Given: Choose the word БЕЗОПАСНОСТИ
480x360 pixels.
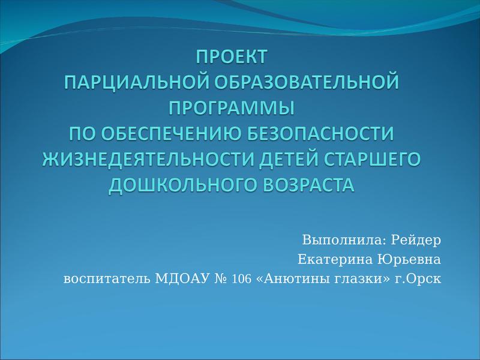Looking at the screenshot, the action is pyautogui.click(x=320, y=133).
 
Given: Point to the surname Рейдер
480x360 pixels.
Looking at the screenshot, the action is pyautogui.click(x=416, y=240).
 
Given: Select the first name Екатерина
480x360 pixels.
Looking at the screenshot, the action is pyautogui.click(x=335, y=260).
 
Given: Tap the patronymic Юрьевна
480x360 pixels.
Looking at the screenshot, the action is pyautogui.click(x=409, y=260).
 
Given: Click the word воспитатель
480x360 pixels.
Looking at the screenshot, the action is pyautogui.click(x=107, y=279).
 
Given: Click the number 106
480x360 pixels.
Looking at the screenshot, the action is pyautogui.click(x=242, y=279).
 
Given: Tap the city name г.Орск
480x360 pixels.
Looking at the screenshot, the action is pyautogui.click(x=418, y=279).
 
